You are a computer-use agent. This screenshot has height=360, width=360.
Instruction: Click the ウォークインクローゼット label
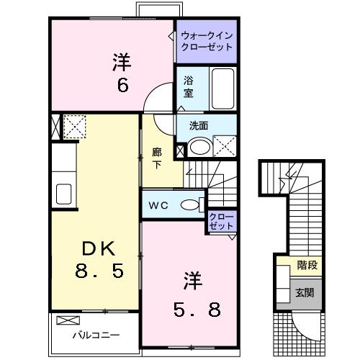click(207, 40)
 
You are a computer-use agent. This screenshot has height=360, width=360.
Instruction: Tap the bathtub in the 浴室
click(224, 87)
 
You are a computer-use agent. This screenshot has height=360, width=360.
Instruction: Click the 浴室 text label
click(188, 87)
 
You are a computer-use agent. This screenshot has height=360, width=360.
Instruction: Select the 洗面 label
click(199, 125)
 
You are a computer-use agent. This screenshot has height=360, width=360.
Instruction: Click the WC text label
click(158, 205)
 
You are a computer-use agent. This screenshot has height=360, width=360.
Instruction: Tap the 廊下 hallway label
click(156, 157)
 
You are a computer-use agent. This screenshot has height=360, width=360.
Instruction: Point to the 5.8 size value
click(194, 310)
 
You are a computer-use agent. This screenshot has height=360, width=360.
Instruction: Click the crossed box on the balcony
click(66, 320)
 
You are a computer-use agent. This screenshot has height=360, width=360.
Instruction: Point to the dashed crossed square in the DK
click(73, 127)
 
